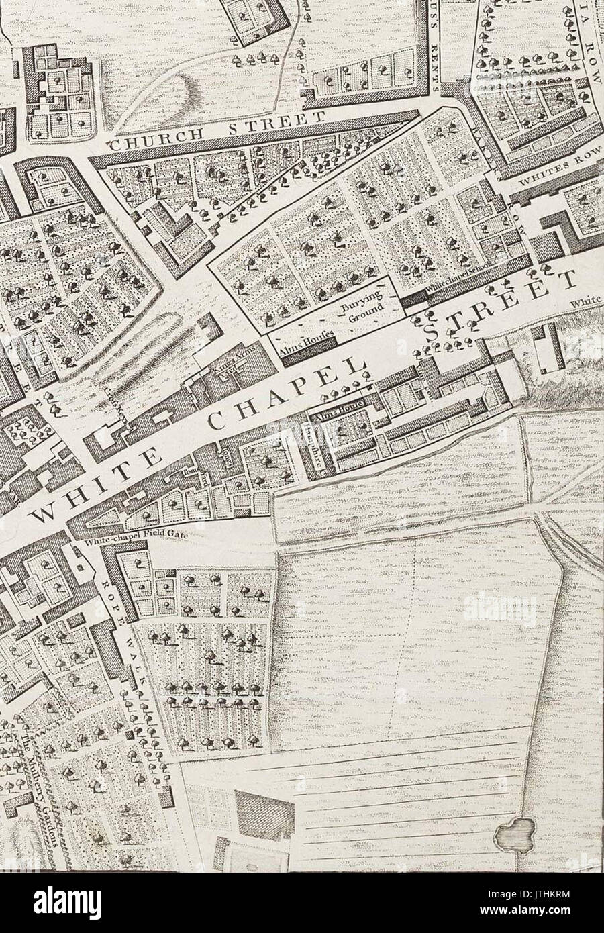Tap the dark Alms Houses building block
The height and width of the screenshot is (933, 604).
(307, 356)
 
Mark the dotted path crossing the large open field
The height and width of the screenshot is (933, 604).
(407, 638)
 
